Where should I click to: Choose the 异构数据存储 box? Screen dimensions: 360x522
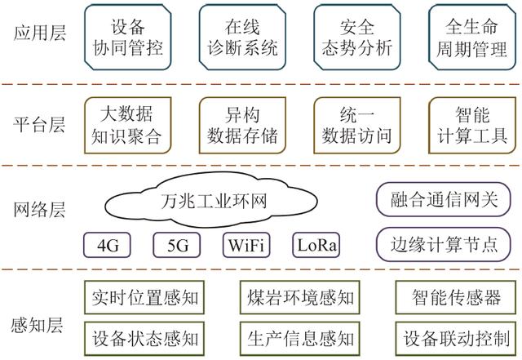click(x=241, y=125)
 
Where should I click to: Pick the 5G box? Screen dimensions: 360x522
click(x=176, y=245)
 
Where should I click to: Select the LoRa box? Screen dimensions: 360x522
click(x=316, y=245)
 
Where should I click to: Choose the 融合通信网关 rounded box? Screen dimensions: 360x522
click(x=444, y=198)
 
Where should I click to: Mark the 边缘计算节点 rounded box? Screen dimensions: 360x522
click(x=444, y=243)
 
